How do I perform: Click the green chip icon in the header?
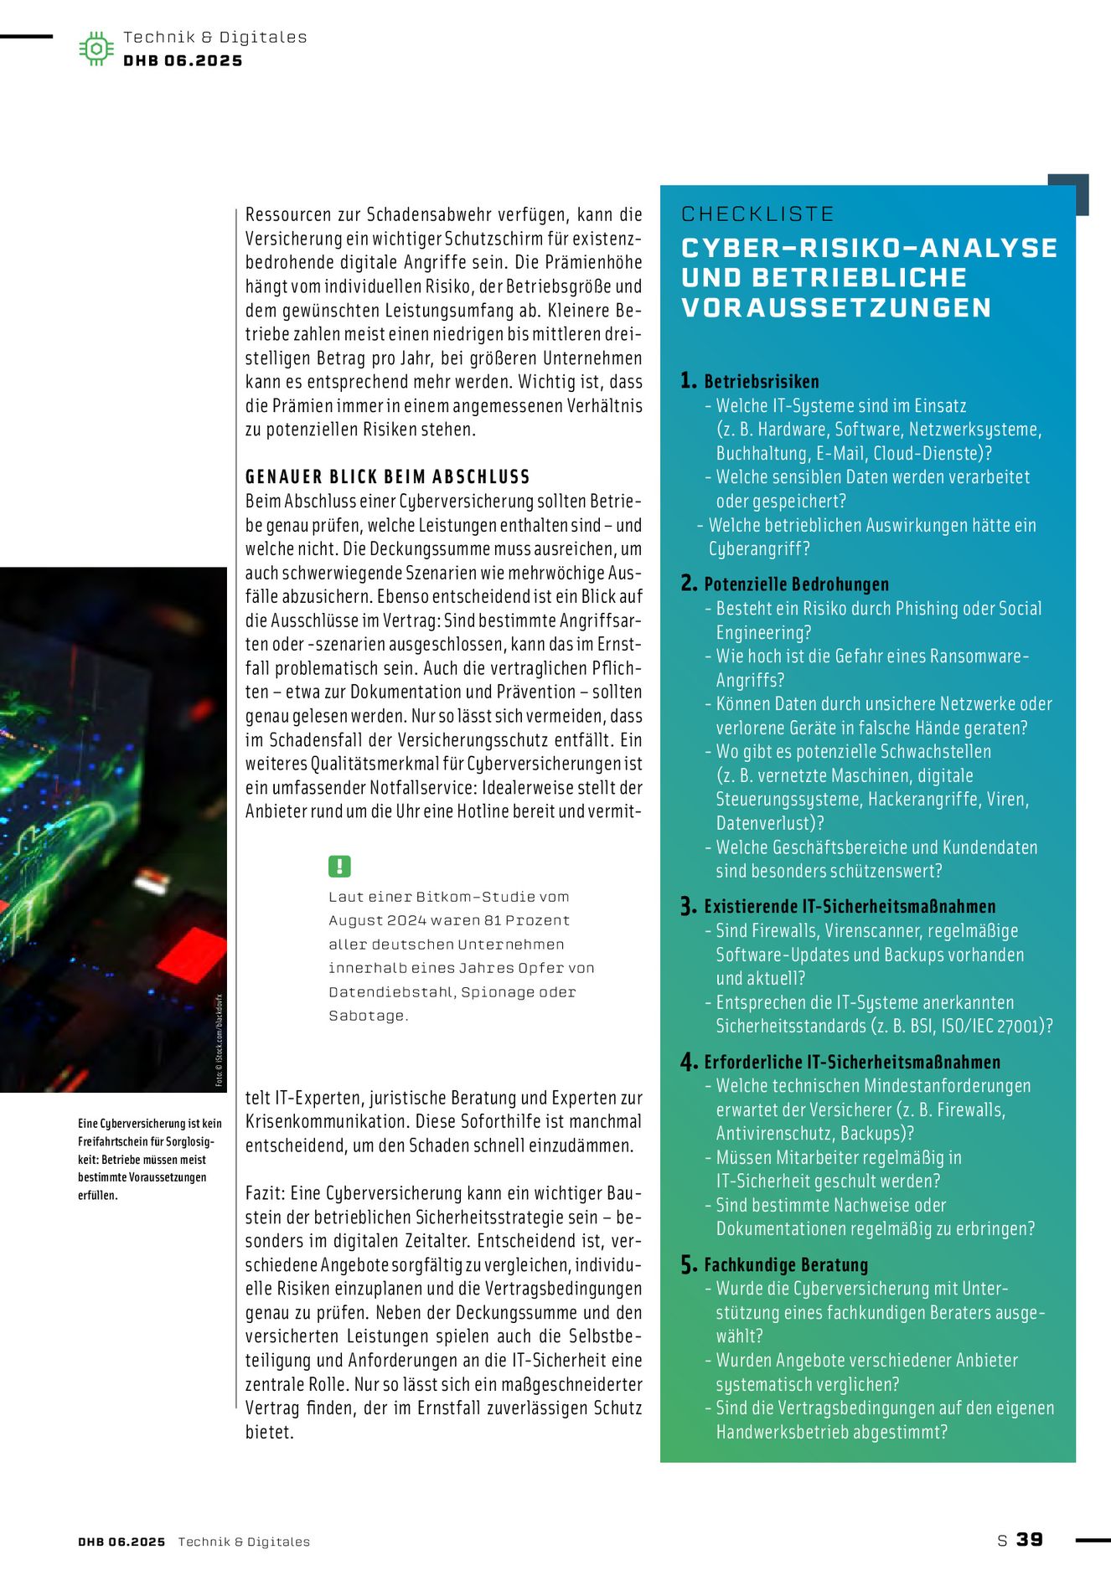point(96,49)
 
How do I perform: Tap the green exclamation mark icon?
point(339,866)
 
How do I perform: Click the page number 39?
point(1030,1539)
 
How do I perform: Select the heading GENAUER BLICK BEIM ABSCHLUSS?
point(387,476)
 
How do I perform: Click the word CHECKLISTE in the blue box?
point(757,214)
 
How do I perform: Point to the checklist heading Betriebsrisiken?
point(761,382)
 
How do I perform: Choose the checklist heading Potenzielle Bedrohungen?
point(796,584)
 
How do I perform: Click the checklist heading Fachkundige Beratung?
point(786,1264)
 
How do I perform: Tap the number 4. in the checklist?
point(689,1062)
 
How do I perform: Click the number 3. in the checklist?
point(689,906)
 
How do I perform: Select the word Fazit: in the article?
point(266,1193)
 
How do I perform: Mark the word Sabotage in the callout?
point(366,1016)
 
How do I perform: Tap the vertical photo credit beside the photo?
point(220,1040)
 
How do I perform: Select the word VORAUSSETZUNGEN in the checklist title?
point(836,307)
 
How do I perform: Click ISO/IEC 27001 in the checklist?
point(1001,1026)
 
